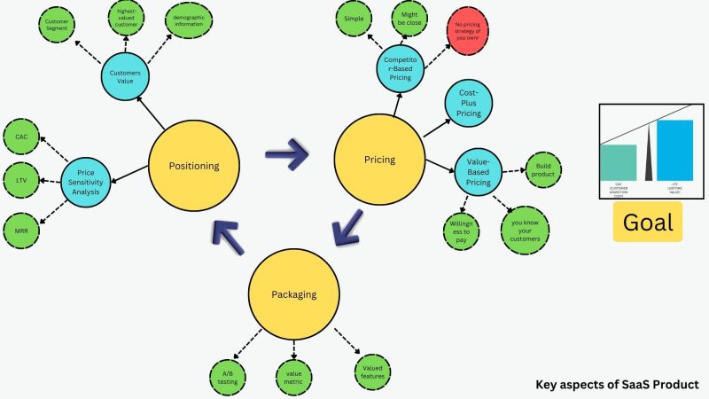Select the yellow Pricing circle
379,160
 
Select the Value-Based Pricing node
478,171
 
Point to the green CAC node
21,137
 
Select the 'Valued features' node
373,369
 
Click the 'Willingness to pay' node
460,231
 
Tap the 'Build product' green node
542,168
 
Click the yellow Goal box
648,222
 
